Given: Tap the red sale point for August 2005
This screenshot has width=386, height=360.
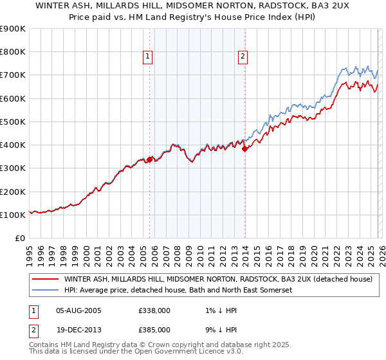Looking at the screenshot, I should point(149,159).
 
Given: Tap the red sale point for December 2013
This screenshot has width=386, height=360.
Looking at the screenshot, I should point(244,148).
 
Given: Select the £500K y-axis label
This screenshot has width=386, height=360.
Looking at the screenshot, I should point(13,122).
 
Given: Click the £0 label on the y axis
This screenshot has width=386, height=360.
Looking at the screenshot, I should point(19,238).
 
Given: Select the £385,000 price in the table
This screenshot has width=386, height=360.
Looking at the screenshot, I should point(154,329).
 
